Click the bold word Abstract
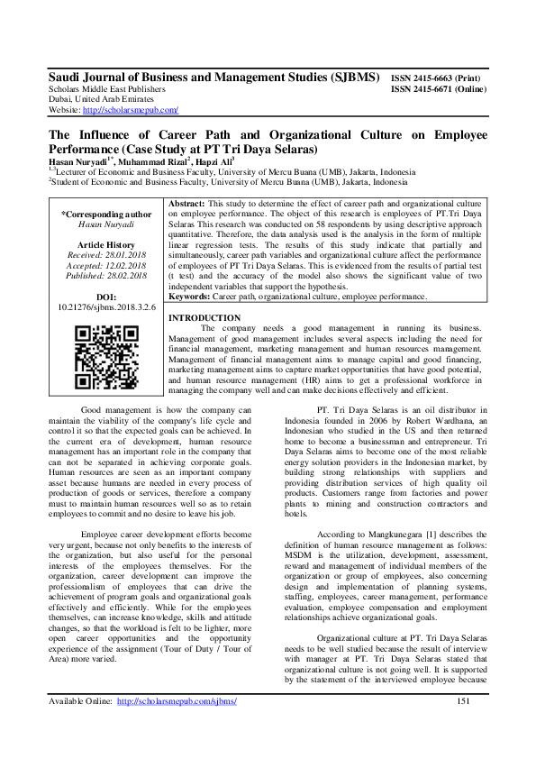click(187, 205)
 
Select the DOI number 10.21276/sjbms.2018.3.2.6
click(106, 306)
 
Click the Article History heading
click(106, 243)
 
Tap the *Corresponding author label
click(106, 214)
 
